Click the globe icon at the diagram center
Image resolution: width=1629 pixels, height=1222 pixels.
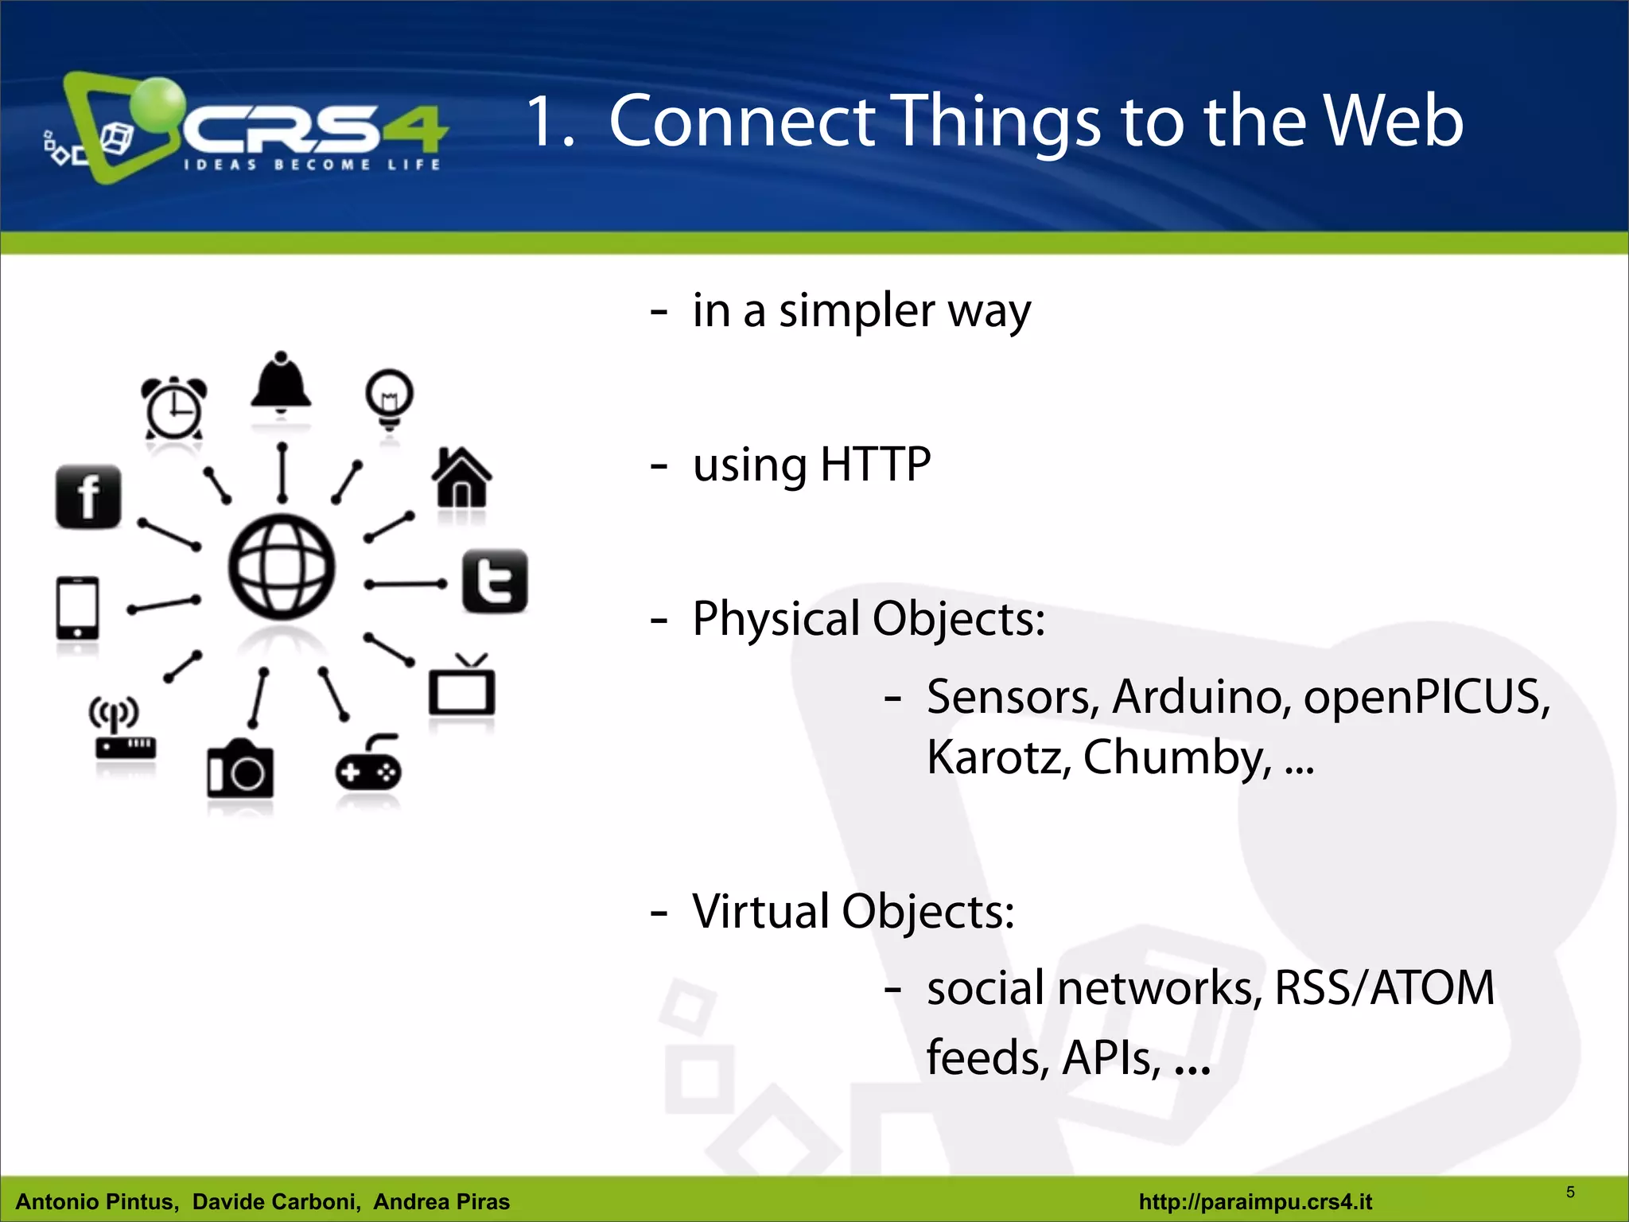coord(282,566)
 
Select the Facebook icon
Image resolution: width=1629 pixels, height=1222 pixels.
coord(88,496)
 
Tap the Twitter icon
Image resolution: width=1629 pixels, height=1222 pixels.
coord(495,581)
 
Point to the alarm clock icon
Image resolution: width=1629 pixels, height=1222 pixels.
coord(173,407)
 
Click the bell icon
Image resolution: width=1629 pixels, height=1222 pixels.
coord(281,383)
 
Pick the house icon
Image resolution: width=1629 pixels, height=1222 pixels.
coord(461,477)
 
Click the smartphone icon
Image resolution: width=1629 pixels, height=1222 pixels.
coord(77,608)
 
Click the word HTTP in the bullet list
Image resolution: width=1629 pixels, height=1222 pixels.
coord(875,465)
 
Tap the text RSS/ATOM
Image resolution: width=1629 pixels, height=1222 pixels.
coord(1384,988)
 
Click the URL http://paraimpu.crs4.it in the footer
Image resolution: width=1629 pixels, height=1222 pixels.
coord(1255,1201)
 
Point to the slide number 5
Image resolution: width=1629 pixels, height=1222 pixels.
coord(1570,1192)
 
